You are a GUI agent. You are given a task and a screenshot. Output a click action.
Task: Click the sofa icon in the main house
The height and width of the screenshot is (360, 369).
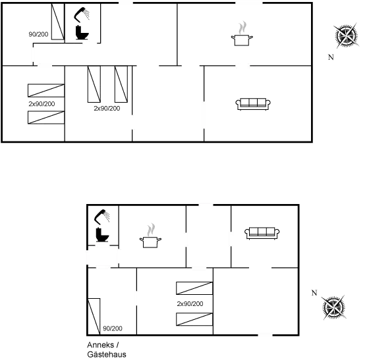[x=253, y=104]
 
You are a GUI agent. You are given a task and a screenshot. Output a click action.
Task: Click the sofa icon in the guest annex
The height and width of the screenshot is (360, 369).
[x=262, y=234]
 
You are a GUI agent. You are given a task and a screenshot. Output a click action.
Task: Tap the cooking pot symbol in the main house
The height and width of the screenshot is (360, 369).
[x=242, y=34]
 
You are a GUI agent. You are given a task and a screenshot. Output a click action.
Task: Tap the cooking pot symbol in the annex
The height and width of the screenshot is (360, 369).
[x=150, y=236]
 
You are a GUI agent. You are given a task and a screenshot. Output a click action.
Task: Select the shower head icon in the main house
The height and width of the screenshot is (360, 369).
[x=82, y=14]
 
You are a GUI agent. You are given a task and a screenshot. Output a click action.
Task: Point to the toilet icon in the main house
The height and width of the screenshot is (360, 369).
[x=82, y=32]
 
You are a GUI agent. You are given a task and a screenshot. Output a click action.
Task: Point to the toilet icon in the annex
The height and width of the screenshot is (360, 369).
[x=102, y=234]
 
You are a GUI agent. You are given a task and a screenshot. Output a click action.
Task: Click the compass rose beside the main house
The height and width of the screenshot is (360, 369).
[x=346, y=36]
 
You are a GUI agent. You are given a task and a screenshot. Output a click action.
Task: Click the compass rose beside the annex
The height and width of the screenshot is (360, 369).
[x=333, y=307]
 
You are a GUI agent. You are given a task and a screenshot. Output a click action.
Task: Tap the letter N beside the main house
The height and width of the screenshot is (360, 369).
[x=331, y=57]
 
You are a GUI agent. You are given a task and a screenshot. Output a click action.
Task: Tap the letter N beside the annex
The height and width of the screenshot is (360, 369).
[x=314, y=293]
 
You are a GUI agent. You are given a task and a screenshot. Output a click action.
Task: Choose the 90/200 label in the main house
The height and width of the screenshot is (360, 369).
[x=38, y=34]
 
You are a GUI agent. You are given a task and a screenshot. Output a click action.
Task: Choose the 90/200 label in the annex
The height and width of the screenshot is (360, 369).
[x=113, y=328]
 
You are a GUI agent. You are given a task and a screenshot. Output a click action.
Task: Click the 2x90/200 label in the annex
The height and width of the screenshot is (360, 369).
[x=190, y=304]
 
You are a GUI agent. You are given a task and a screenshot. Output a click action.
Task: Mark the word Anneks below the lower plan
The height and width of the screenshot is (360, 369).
[x=100, y=345]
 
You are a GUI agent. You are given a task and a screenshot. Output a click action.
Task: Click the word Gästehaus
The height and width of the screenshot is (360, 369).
[x=107, y=354]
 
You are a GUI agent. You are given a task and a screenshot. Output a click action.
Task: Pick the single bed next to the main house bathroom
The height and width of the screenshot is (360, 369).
[x=58, y=21]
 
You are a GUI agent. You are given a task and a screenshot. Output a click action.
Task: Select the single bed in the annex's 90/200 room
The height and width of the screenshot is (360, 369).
[x=94, y=317]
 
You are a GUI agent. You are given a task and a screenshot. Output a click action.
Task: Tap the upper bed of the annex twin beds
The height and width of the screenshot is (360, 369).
[x=194, y=288]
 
